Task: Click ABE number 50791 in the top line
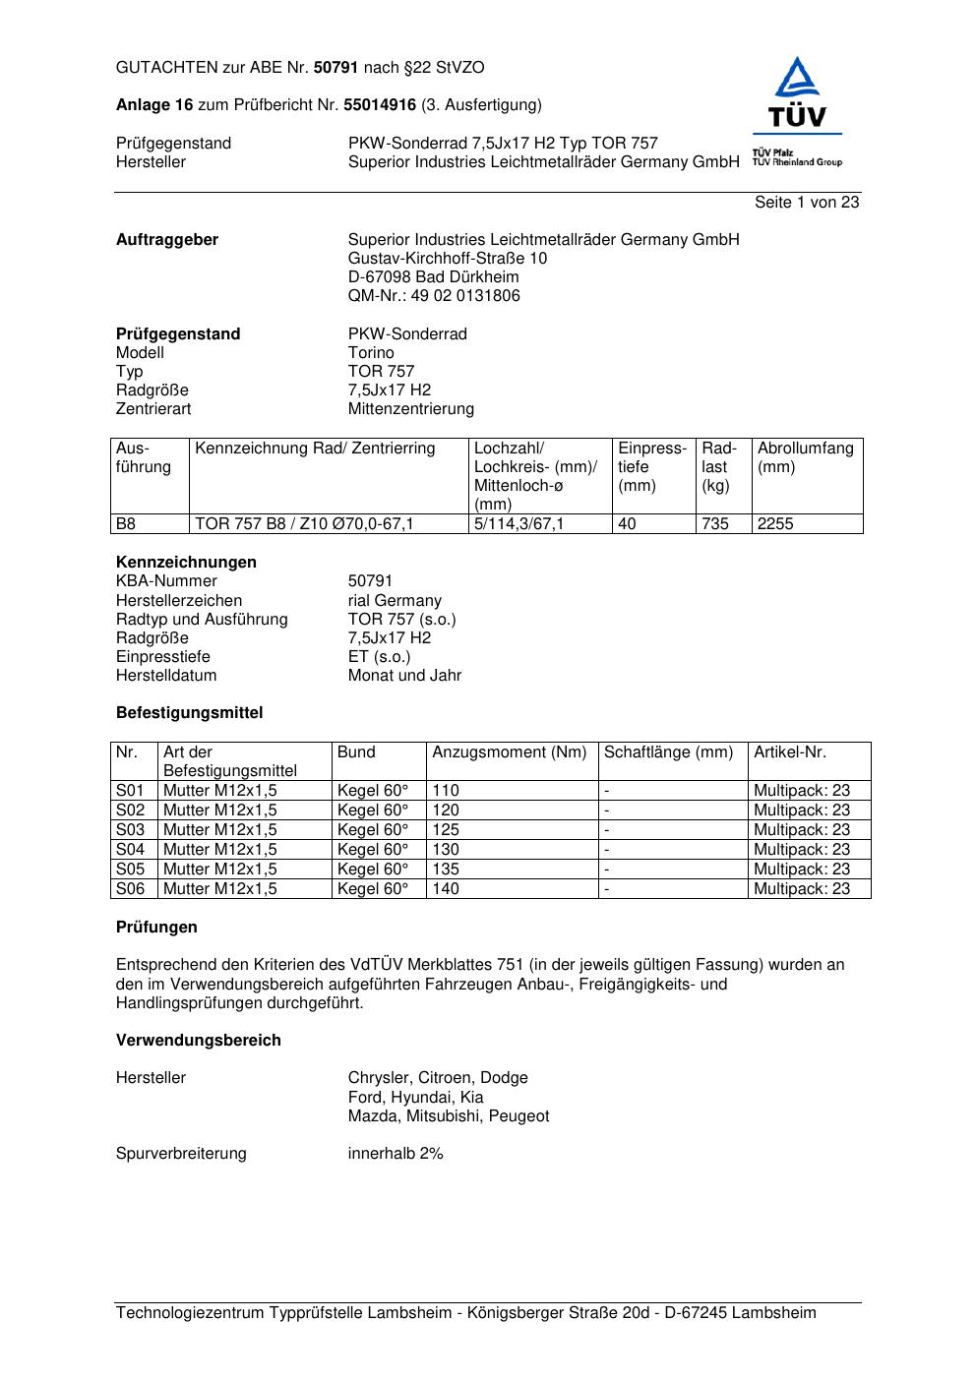(x=336, y=68)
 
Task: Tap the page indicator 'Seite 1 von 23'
(x=807, y=202)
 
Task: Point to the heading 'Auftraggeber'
(x=167, y=239)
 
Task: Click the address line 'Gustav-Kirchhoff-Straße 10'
(x=448, y=258)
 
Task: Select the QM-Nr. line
(x=434, y=295)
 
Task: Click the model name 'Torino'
(x=371, y=352)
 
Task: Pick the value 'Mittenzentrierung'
(x=411, y=408)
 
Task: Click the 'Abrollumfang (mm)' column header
(x=805, y=457)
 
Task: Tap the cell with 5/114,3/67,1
(x=519, y=524)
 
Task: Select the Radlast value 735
(x=715, y=524)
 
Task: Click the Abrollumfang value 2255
(x=775, y=524)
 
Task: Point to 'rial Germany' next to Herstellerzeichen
(x=395, y=600)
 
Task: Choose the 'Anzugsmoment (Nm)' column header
(x=510, y=752)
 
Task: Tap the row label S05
(x=130, y=869)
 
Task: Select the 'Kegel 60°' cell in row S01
(x=373, y=790)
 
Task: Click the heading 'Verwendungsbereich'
(x=199, y=1040)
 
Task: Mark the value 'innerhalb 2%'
(x=396, y=1153)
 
